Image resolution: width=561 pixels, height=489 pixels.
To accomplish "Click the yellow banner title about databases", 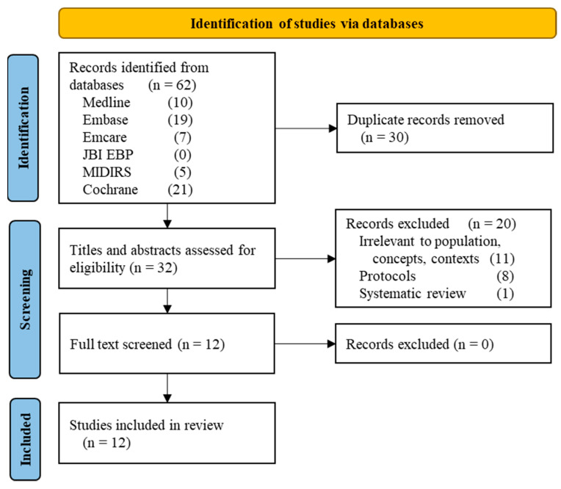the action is pos(307,23).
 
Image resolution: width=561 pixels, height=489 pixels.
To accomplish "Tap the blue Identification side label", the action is pos(23,128).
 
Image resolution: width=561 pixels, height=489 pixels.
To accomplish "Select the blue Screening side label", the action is pos(25,300).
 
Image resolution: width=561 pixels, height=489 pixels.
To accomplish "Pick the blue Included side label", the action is pos(25,439).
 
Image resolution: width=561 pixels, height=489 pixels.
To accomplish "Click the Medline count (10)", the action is pos(180,102).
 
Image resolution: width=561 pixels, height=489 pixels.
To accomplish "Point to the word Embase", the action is pos(105,120).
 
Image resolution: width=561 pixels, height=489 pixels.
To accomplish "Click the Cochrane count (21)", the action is pos(180,189).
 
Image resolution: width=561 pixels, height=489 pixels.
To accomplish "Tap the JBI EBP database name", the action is pos(108,154).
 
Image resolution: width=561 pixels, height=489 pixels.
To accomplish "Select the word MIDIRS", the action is pos(106,172).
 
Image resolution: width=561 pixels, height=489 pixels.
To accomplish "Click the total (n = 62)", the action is pos(172,85).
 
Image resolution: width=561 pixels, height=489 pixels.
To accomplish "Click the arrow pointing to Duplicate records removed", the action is pos(306,128).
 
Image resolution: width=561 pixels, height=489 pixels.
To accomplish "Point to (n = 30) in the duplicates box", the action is pos(385,137).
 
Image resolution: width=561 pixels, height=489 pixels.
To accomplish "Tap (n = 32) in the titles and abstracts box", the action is pos(153,267).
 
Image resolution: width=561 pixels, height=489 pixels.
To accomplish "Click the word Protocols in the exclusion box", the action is pos(388,276).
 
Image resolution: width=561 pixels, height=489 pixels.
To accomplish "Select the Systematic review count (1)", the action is pos(505,294).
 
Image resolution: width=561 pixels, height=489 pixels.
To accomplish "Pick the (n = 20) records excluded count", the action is pos(492,224).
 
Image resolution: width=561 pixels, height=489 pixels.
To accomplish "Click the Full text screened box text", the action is pos(147,344).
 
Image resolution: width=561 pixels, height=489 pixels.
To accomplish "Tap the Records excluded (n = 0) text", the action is pos(420,344).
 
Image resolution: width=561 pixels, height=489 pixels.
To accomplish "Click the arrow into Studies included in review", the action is pos(167,388).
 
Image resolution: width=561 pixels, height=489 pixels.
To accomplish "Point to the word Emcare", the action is pos(104,137).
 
